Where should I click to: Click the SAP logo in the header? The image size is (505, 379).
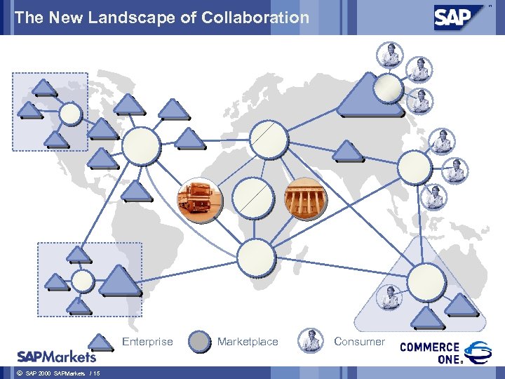pyautogui.click(x=460, y=18)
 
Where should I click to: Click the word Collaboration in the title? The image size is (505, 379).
pyautogui.click(x=255, y=18)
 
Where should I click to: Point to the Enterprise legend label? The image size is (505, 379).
pyautogui.click(x=147, y=342)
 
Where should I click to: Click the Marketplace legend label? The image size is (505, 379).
pyautogui.click(x=248, y=342)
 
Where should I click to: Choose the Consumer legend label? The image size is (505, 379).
pyautogui.click(x=359, y=342)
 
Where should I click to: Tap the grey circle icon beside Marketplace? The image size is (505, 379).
pyautogui.click(x=201, y=342)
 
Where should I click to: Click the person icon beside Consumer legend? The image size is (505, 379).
pyautogui.click(x=310, y=342)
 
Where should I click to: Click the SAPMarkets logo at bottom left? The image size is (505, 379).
pyautogui.click(x=56, y=355)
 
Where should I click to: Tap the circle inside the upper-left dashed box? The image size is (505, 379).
pyautogui.click(x=70, y=114)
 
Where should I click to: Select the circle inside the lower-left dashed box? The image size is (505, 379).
pyautogui.click(x=83, y=281)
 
